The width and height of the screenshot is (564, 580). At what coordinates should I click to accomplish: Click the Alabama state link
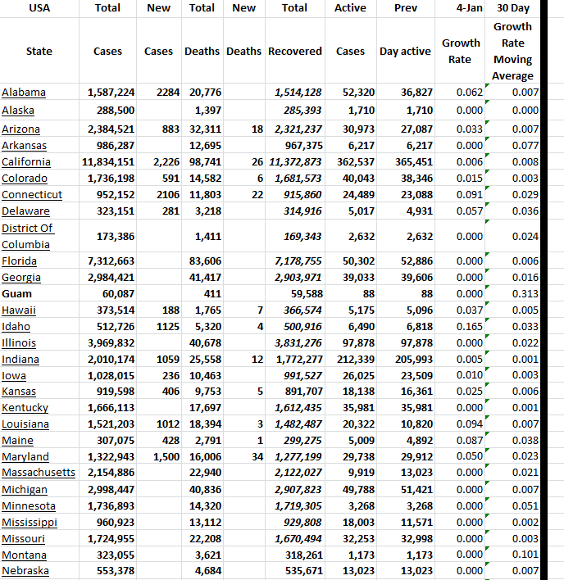24,92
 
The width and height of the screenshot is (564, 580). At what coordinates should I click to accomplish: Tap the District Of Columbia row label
28,236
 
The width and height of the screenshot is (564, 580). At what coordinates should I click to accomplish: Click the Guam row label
16,293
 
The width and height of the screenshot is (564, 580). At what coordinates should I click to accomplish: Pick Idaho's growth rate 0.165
467,326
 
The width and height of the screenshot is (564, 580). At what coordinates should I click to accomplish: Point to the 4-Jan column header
467,7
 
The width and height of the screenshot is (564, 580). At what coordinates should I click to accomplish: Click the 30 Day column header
513,7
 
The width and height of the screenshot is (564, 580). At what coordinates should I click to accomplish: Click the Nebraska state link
25,571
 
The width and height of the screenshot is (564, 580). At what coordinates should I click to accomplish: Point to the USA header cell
39,7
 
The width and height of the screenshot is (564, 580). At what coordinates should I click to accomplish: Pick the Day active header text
405,51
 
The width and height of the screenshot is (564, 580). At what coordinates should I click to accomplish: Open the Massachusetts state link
38,473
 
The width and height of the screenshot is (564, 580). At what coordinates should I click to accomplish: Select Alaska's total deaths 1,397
207,110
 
